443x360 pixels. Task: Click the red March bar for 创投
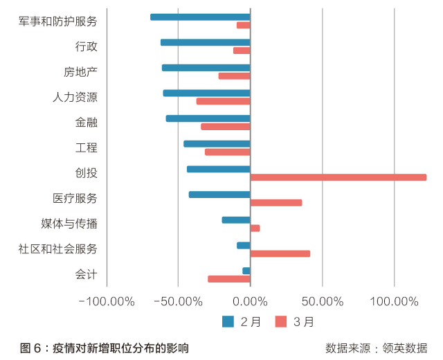(x=338, y=177)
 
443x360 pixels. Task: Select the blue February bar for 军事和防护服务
(x=200, y=17)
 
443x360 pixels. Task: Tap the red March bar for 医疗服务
(x=276, y=203)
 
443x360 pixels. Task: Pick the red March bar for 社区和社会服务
(x=280, y=253)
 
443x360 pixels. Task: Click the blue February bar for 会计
(x=246, y=271)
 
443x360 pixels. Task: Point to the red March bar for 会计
(x=229, y=279)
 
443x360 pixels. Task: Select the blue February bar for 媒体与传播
(x=236, y=220)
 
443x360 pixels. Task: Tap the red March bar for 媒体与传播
(x=255, y=228)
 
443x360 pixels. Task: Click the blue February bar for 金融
(x=208, y=118)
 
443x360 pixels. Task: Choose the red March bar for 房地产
(x=234, y=75)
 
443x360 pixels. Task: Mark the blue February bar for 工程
(x=217, y=143)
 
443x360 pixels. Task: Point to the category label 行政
(x=87, y=46)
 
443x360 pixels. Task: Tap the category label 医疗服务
(x=75, y=198)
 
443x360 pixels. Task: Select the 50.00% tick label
(x=323, y=301)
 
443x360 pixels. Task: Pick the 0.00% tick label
(x=251, y=301)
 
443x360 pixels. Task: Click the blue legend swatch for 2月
(x=228, y=321)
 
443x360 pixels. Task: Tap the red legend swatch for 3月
(x=281, y=321)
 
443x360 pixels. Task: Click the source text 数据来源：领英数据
(x=377, y=348)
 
